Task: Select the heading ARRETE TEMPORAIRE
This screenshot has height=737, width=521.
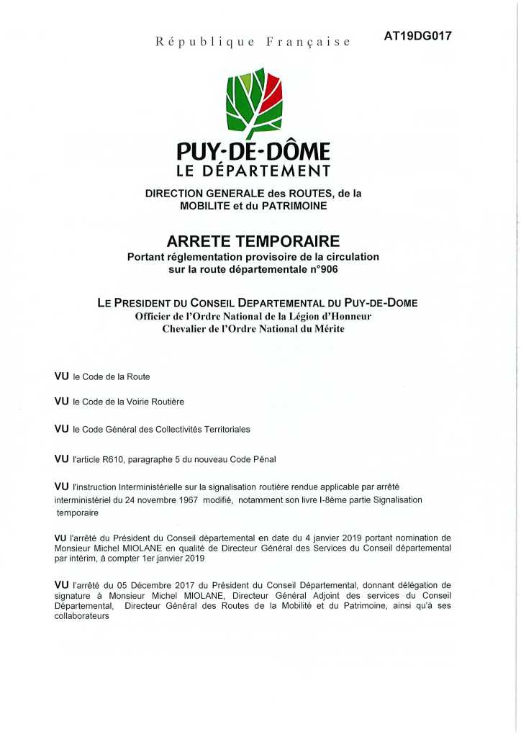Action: click(253, 240)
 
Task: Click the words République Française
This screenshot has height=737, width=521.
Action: click(253, 42)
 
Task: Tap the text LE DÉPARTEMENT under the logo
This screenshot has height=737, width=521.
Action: click(253, 171)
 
